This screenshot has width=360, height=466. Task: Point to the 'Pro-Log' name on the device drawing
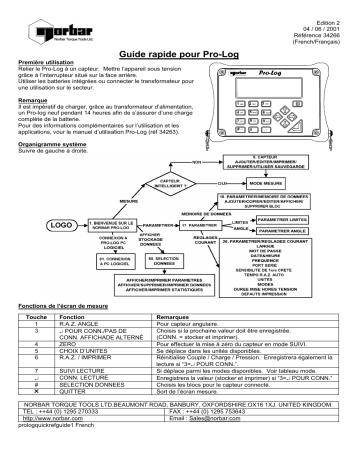(x=300, y=73)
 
